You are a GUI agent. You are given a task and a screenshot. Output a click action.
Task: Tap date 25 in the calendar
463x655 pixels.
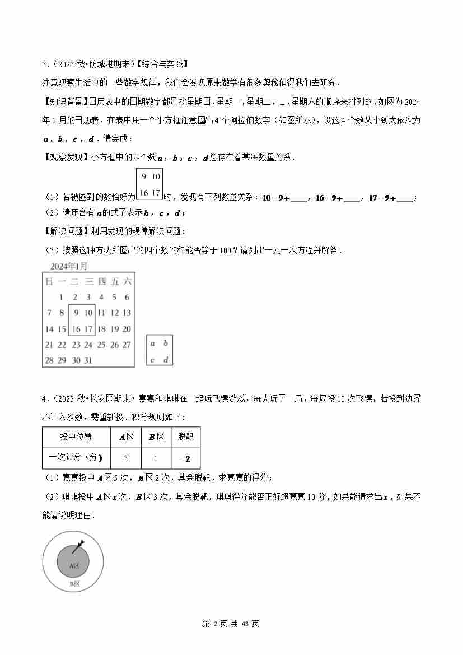tap(101, 345)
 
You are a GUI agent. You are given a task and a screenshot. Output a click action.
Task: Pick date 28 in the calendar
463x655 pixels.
tap(49, 360)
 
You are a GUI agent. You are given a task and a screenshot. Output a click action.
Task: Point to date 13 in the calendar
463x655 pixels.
tap(127, 313)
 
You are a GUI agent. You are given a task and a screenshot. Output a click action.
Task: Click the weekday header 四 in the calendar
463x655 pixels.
tap(101, 282)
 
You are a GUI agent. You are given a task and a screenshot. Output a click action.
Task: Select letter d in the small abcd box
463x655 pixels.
tap(165, 360)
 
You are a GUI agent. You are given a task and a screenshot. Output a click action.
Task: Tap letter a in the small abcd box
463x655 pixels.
tap(152, 343)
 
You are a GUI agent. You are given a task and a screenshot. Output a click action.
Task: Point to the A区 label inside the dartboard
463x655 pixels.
tap(74, 566)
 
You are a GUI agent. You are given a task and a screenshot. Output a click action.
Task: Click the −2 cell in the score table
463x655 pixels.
tap(185, 459)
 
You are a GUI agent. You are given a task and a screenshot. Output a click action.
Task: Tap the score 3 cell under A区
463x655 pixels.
tap(125, 459)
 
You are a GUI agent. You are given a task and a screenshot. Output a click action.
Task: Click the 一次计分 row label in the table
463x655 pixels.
tap(76, 458)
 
